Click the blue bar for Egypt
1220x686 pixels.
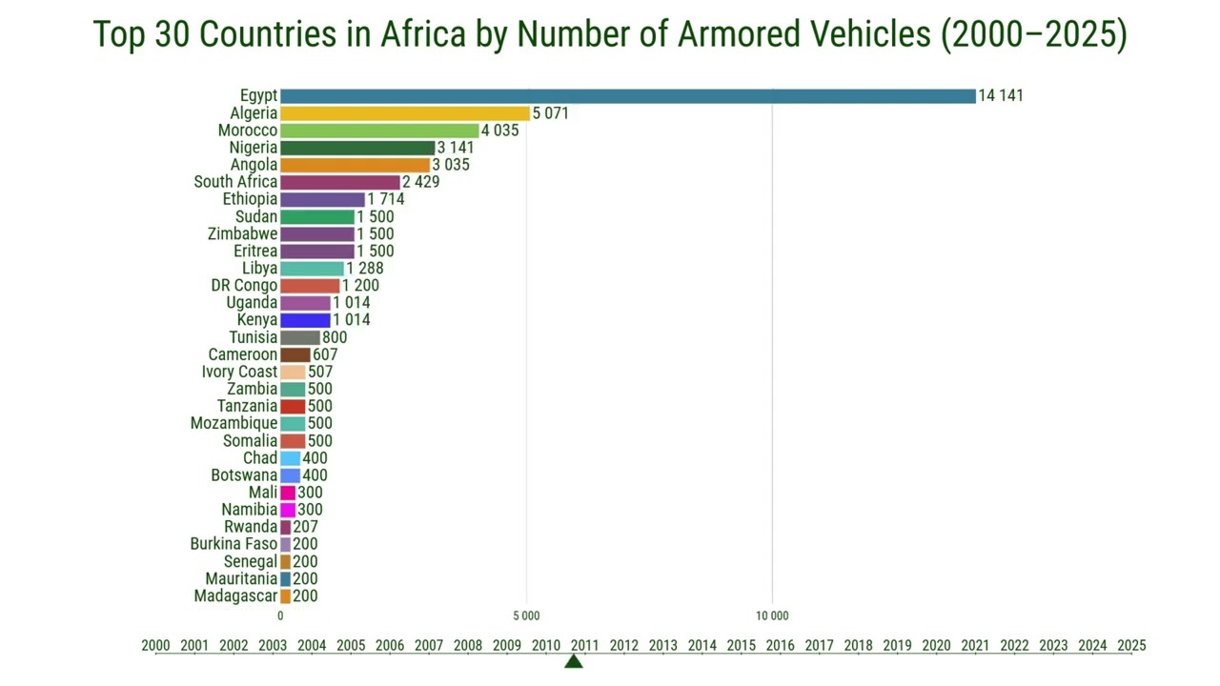point(628,96)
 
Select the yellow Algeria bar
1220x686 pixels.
point(405,113)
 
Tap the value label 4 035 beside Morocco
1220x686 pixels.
point(500,131)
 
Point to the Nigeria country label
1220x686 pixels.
point(254,148)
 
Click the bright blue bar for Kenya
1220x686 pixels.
point(306,320)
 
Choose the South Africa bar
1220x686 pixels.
point(340,182)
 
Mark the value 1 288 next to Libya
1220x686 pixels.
point(365,269)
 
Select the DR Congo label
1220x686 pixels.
point(244,286)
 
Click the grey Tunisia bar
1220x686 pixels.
point(300,337)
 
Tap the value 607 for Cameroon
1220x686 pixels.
point(325,354)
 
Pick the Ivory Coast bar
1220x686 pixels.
point(293,372)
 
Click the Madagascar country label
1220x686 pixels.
point(235,596)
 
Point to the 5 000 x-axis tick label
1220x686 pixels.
point(527,615)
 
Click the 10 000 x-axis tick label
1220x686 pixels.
point(772,615)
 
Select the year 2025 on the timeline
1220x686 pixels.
point(1131,645)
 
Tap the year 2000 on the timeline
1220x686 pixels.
point(155,645)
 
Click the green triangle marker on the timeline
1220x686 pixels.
point(574,661)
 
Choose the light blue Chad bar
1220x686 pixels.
point(291,458)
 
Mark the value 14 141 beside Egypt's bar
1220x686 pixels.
point(1001,96)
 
